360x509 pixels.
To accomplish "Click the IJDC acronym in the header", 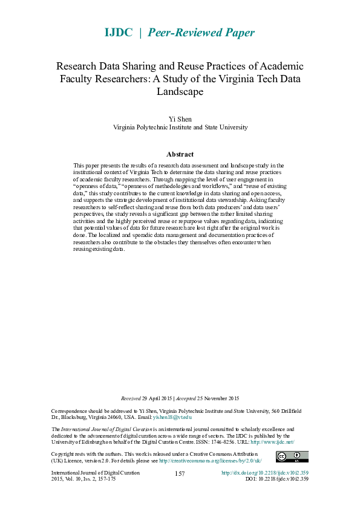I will click(119, 33).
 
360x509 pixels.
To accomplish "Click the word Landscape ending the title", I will click(180, 92).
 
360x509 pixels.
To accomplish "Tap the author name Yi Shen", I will click(180, 119).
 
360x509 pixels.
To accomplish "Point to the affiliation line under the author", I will click(180, 128).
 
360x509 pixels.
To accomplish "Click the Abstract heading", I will click(180, 154).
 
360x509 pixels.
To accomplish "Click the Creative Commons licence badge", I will click(292, 457).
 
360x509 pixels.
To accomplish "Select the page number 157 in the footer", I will click(180, 473).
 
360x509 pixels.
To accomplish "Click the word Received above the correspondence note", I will click(131, 398).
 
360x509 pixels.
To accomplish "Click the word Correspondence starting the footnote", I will click(69, 410).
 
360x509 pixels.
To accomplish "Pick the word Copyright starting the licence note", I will click(64, 454).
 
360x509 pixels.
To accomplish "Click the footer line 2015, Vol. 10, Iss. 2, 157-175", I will click(83, 479).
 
